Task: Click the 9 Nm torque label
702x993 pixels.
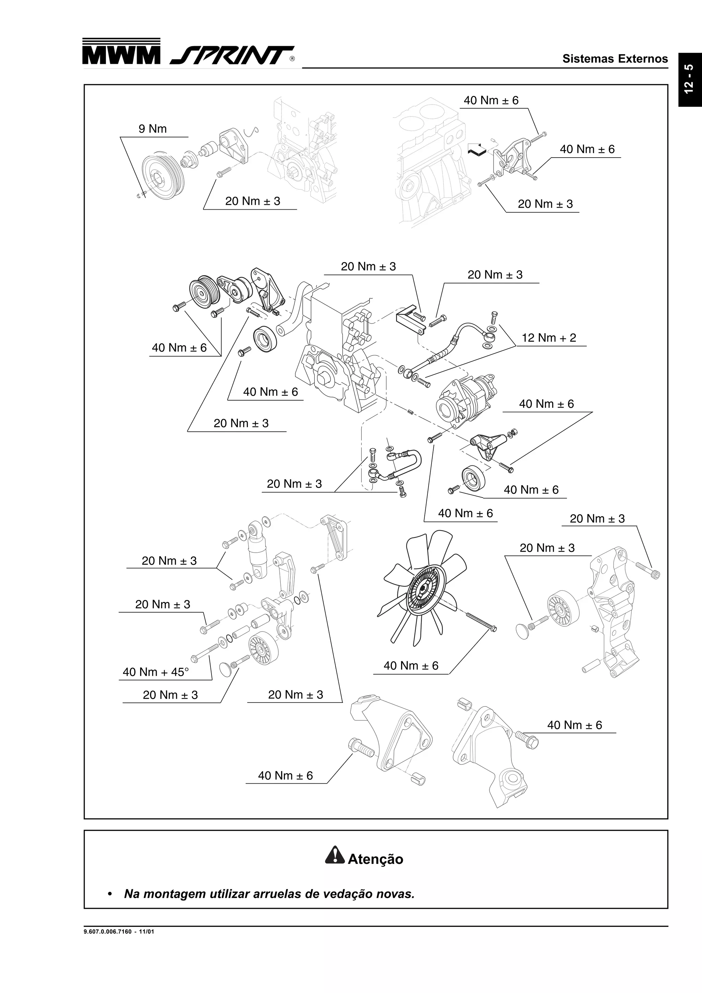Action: pyautogui.click(x=152, y=129)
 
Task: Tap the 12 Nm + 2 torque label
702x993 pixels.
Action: pyautogui.click(x=548, y=338)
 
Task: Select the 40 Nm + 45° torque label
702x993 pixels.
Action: pyautogui.click(x=156, y=672)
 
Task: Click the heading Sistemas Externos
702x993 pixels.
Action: pyautogui.click(x=615, y=59)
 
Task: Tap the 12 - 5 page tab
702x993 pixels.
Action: pyautogui.click(x=689, y=79)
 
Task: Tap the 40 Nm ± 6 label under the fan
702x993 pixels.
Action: pyautogui.click(x=411, y=666)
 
